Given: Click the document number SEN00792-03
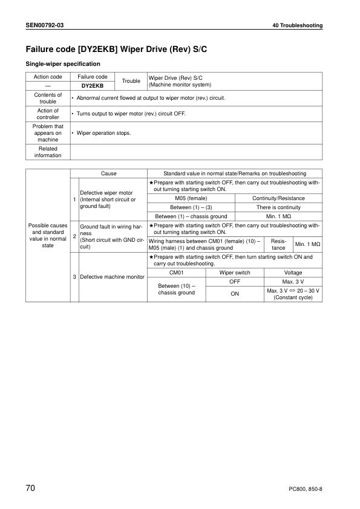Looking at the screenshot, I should point(47,26).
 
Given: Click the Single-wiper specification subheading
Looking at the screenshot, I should point(62,63).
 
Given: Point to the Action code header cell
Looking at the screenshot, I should point(48,77).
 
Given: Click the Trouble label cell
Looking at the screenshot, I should point(131,81).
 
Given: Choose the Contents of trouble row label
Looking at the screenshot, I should point(48,98).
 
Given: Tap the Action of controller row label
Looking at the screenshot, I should point(48,114).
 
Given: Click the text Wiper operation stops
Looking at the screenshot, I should point(103,132).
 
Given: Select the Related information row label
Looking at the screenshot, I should point(48,152).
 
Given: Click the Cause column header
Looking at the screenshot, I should point(109,173).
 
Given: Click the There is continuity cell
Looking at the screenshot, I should point(278,207).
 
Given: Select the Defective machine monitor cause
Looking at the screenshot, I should point(113,277).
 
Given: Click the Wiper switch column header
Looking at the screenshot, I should point(235,273).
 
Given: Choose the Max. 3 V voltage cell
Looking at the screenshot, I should point(293,282).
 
